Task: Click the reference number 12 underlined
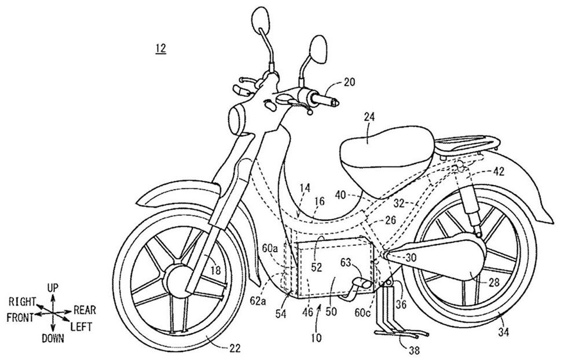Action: [x=160, y=49]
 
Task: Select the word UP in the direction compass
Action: [x=53, y=288]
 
